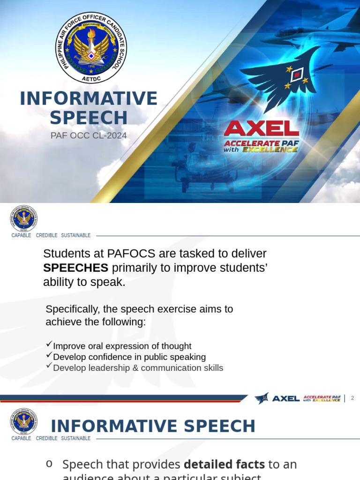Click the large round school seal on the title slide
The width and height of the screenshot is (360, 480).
coord(91,48)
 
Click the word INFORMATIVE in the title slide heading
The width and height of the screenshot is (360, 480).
coord(89,98)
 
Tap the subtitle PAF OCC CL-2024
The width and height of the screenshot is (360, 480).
coord(89,135)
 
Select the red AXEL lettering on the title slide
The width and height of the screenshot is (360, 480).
coord(261,128)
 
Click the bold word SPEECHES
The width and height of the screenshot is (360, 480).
coord(75,268)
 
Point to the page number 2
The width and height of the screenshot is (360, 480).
coord(352,398)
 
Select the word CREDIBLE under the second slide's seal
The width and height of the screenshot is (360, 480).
coord(46,235)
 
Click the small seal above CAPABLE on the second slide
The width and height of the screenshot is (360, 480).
coord(23,218)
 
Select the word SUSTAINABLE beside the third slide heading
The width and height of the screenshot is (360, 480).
coord(75,438)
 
